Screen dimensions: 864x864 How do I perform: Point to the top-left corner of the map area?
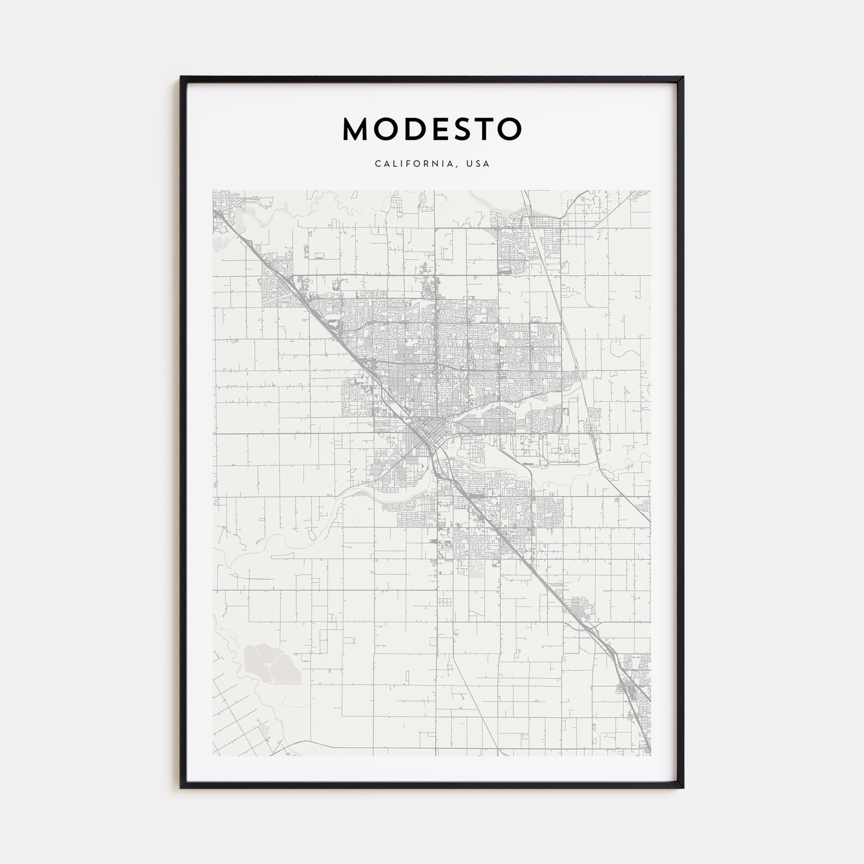point(213,191)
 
